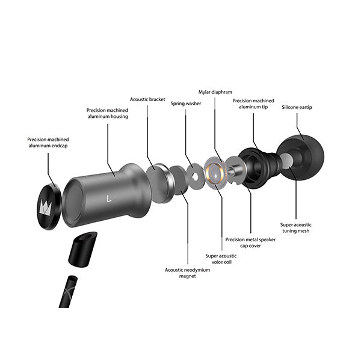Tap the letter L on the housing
coord(109,199)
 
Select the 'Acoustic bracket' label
coord(147,99)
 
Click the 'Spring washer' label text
coord(186,103)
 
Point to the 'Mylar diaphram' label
coord(215,92)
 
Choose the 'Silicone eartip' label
coord(297,107)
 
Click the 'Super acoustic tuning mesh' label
coord(296,227)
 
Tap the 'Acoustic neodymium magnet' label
coord(187,273)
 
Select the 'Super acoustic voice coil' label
coord(221,259)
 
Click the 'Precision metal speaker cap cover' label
coord(250,242)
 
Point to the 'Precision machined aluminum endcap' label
coord(48,143)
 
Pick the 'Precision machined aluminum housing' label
coord(108,113)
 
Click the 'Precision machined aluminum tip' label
coord(253,103)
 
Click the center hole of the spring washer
coord(195,176)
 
